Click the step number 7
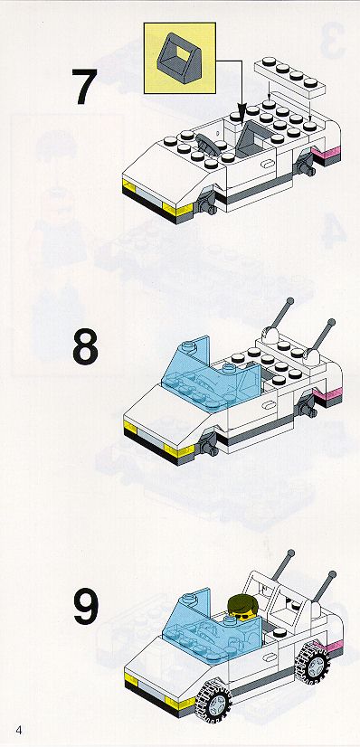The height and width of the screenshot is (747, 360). point(85,87)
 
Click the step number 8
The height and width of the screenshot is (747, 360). point(86,347)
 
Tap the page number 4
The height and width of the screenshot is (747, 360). point(19,731)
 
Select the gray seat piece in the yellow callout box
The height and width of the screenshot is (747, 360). point(177,58)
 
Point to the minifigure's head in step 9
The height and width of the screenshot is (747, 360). point(242,607)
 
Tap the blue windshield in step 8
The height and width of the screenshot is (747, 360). point(210,375)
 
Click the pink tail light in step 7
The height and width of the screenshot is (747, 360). point(327,154)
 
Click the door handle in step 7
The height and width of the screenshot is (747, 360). point(269,165)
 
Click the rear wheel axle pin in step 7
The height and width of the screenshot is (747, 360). point(305,166)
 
